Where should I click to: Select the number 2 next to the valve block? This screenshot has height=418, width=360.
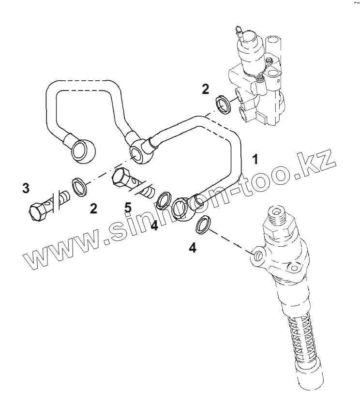click(206, 89)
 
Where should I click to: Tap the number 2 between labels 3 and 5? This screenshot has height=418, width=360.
click(93, 209)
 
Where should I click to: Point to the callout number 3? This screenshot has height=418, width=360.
click(26, 189)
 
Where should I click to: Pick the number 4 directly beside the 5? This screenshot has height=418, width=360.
click(154, 225)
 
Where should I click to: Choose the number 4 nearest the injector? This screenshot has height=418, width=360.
click(193, 248)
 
